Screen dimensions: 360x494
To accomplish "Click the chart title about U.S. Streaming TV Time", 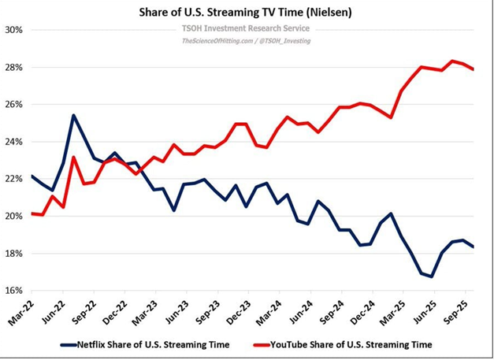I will (x=247, y=13).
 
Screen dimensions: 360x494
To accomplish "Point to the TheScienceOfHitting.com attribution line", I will (x=246, y=40).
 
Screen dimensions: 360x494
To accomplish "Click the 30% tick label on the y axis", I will (x=14, y=30).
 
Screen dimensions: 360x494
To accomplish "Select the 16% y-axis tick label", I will (x=14, y=291).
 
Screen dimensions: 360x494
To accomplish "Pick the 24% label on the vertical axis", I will (x=14, y=142).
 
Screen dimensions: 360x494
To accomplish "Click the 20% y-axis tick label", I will (x=14, y=217).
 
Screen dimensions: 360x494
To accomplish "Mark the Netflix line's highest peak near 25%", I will (x=73, y=116).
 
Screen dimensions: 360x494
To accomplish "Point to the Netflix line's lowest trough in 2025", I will (x=431, y=276).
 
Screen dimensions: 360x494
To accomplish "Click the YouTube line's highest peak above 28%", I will (x=452, y=61).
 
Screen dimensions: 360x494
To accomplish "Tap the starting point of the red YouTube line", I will (x=32, y=213).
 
